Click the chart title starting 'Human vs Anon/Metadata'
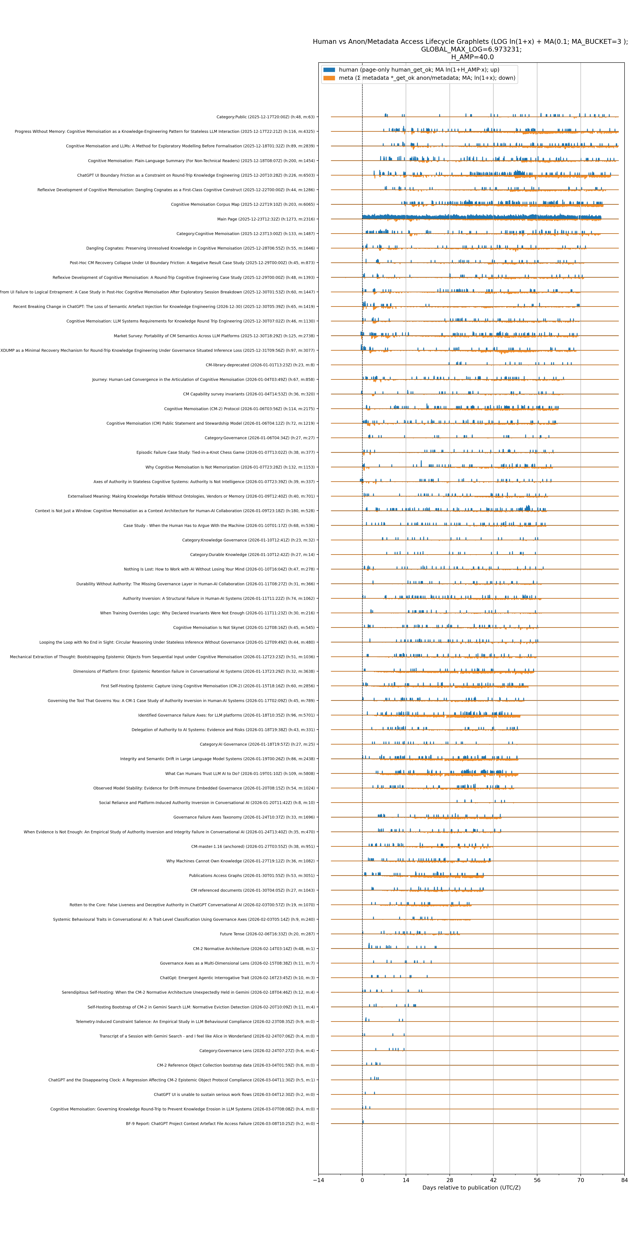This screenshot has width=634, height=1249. pos(470,42)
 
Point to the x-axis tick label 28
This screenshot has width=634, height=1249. pos(449,1180)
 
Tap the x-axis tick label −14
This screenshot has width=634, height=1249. pos(319,1180)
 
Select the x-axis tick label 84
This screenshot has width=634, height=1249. pos(624,1180)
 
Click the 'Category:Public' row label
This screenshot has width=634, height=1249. pos(265,117)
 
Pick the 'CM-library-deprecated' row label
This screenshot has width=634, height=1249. pos(260,365)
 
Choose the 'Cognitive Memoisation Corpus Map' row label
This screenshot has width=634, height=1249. pos(242,205)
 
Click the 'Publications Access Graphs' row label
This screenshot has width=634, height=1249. pos(252,876)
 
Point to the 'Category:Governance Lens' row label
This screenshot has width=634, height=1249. pos(257,1051)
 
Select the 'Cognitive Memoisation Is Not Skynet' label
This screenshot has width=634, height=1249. pos(243,627)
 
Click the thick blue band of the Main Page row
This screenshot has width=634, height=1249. pos(480,217)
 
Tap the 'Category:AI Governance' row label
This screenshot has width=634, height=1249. pos(257,744)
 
